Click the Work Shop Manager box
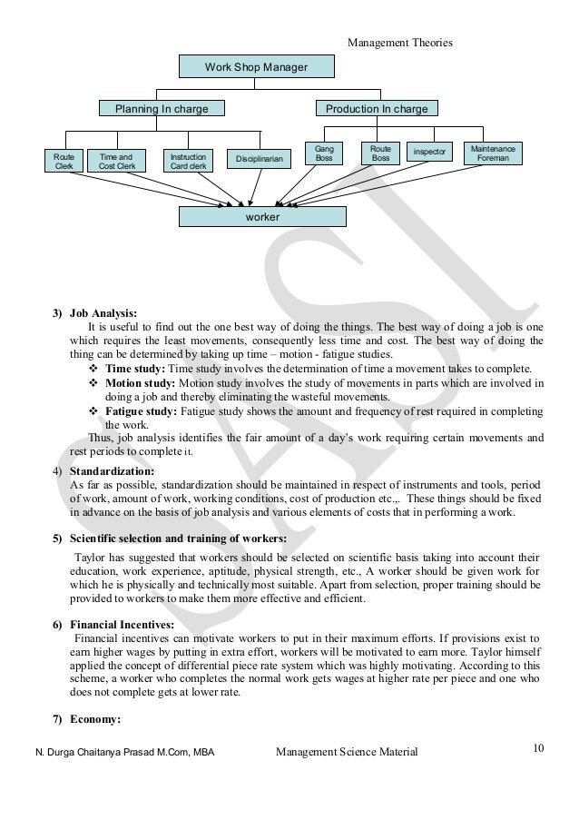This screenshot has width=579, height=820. pos(256,67)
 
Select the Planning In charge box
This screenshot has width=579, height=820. pos(162,109)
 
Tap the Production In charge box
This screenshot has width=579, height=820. pos(376,109)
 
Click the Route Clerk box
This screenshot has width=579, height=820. pos(64,161)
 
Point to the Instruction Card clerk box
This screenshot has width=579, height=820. pos(188,161)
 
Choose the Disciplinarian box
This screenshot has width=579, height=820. pos(260,160)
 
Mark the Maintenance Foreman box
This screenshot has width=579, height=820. pos(495,153)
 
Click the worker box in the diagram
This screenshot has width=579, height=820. pos(262,217)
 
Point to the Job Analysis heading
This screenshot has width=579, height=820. pos(103,313)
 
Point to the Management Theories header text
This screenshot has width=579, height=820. pos(399,42)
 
